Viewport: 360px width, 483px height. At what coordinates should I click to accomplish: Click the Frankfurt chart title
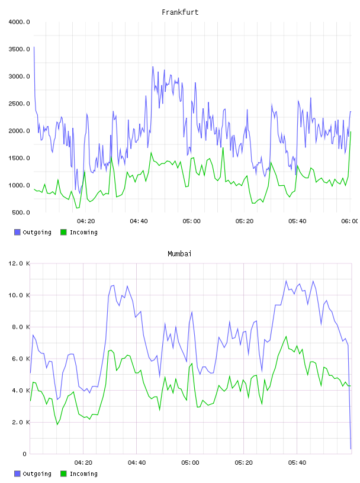click(x=180, y=12)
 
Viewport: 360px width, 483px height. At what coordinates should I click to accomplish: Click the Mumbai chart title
click(x=179, y=254)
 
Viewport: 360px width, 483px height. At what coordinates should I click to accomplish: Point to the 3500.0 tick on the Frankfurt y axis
click(x=19, y=49)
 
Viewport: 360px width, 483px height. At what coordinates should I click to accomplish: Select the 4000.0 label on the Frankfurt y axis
click(x=19, y=22)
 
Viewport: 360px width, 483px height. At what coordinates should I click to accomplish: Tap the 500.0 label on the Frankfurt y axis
click(x=21, y=212)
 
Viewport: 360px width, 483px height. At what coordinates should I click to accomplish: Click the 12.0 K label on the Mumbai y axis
click(x=19, y=263)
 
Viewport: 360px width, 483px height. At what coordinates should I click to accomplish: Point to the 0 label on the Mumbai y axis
click(x=24, y=454)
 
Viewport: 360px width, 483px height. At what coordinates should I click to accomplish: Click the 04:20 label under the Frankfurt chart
click(x=86, y=221)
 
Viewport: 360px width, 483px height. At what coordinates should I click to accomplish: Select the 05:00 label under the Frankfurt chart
click(x=191, y=221)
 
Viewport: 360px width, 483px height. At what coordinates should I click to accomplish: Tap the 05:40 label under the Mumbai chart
click(x=297, y=463)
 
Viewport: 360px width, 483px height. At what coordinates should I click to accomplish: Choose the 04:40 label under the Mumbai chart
click(x=137, y=463)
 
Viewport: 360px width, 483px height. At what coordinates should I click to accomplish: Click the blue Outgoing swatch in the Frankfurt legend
click(x=17, y=232)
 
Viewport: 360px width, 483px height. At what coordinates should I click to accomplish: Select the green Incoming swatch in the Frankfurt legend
click(x=63, y=232)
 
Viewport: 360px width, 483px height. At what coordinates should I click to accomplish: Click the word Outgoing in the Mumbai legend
click(x=37, y=474)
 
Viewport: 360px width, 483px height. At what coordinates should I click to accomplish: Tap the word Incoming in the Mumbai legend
click(x=83, y=474)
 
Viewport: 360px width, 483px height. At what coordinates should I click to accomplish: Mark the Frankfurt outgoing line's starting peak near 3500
click(x=34, y=47)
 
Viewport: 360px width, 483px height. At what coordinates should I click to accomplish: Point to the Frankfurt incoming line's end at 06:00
click(x=351, y=132)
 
